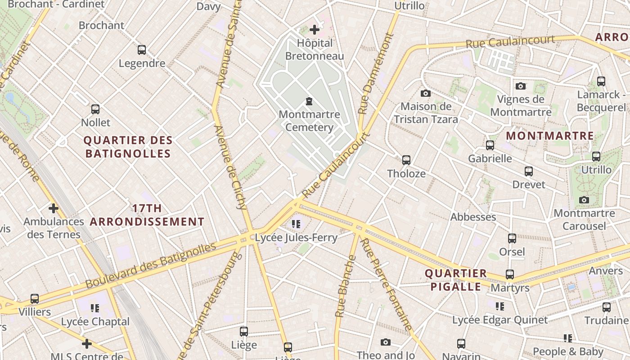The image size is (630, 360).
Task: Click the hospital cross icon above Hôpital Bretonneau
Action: tap(315, 30)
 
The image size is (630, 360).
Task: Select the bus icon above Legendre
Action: tap(142, 50)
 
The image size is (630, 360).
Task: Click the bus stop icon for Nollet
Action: tap(95, 109)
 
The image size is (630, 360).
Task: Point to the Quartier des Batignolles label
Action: tap(128, 147)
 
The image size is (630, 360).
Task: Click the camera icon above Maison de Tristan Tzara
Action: tap(425, 94)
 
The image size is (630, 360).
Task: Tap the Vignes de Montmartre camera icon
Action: tap(521, 86)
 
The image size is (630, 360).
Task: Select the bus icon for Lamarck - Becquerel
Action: tap(601, 81)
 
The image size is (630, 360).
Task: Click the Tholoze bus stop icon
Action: tap(406, 160)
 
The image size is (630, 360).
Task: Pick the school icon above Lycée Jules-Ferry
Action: tap(296, 224)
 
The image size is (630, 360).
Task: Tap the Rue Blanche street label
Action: tap(344, 286)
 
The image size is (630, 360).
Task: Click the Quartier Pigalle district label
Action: tap(455, 280)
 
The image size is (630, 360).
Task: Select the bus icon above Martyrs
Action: tap(510, 274)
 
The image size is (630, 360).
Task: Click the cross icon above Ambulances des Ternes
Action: tap(54, 208)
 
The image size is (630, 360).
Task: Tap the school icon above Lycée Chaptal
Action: tap(95, 308)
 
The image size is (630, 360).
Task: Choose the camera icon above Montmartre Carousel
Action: tap(584, 200)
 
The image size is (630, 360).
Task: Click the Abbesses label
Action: tap(473, 217)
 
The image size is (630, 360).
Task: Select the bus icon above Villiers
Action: tap(35, 298)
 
